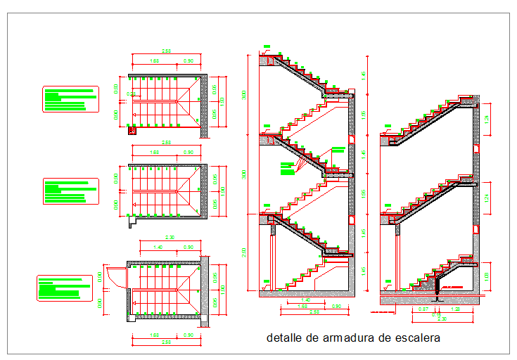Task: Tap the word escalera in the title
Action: (x=415, y=338)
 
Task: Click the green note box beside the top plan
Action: (x=70, y=99)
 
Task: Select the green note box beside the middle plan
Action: (x=70, y=191)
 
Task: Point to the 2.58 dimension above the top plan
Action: (x=167, y=51)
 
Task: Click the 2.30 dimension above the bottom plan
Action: (x=170, y=238)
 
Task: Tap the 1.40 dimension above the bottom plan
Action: (x=158, y=247)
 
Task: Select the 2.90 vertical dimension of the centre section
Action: (x=245, y=252)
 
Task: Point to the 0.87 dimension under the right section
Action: (x=423, y=309)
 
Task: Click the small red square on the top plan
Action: (x=132, y=129)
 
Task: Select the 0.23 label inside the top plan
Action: (x=130, y=94)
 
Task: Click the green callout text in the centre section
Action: (x=287, y=169)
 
